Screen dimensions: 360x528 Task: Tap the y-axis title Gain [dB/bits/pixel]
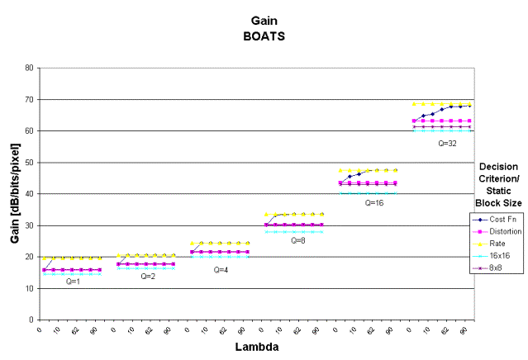point(14,192)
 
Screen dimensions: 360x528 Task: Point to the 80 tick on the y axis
point(30,68)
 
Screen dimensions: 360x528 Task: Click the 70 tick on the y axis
point(30,99)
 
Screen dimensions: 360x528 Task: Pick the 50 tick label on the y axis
point(30,163)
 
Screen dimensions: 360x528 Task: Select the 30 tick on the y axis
point(30,225)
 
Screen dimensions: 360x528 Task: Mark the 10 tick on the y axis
point(30,288)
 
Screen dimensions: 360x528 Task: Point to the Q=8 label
point(298,240)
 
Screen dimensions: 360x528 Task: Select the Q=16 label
point(374,202)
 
